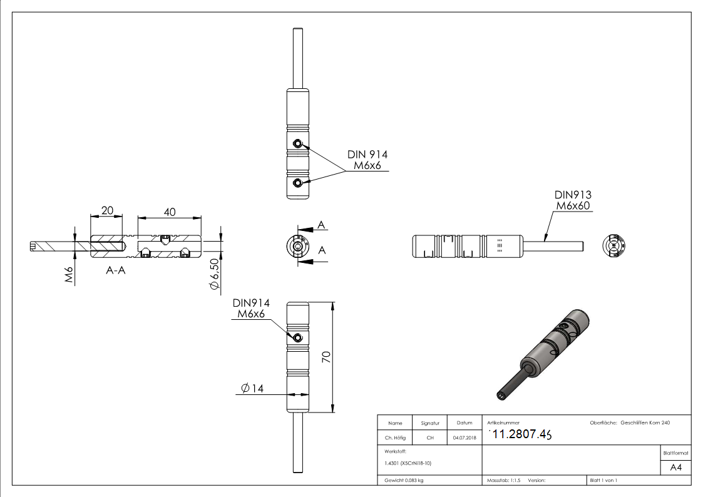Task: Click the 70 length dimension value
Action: point(326,357)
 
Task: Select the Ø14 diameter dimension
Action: point(252,388)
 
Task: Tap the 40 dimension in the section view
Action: point(169,212)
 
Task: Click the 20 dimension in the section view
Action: point(107,211)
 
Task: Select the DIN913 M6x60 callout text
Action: point(573,200)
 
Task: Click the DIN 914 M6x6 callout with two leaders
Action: point(367,160)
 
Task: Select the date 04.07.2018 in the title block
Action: point(464,438)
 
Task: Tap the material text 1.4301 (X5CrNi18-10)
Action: point(408,464)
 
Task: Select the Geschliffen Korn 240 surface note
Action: point(645,423)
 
